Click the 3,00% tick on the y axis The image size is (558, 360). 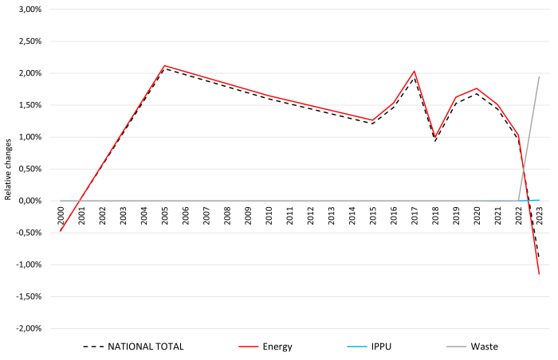click(x=29, y=10)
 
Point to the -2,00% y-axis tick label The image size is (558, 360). click(x=28, y=328)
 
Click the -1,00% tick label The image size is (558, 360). click(x=28, y=264)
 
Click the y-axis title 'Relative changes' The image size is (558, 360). click(x=7, y=169)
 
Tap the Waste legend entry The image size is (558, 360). click(x=484, y=346)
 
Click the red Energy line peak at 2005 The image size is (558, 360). click(x=164, y=65)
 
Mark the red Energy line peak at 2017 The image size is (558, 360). click(x=415, y=71)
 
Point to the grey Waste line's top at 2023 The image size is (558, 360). click(x=539, y=77)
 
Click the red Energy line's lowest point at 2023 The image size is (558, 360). click(x=539, y=274)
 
